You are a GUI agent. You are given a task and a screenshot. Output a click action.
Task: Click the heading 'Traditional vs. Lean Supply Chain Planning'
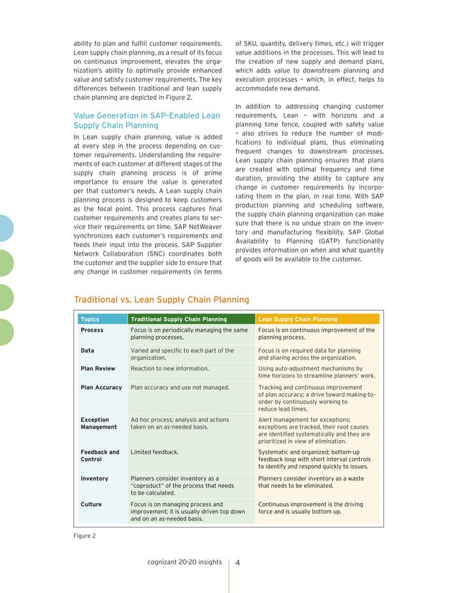point(162,299)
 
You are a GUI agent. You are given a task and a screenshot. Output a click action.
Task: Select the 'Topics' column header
point(90,319)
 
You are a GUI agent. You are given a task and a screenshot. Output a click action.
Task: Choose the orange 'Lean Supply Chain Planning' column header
point(297,319)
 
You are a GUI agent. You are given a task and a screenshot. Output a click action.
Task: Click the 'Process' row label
point(92,330)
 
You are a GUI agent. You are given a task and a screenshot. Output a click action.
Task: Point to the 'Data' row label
point(88,350)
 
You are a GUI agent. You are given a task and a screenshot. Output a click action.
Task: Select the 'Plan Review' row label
point(97,368)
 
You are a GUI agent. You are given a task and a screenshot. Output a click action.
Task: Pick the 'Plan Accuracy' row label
point(101,387)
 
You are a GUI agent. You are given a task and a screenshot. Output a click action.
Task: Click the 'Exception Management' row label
point(98,423)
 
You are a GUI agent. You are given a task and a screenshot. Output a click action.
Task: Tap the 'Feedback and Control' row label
point(100,456)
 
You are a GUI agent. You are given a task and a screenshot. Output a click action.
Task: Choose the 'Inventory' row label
point(94,478)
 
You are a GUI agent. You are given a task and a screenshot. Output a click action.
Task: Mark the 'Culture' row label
point(91,505)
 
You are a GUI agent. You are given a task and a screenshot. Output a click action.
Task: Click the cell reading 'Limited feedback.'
point(154,452)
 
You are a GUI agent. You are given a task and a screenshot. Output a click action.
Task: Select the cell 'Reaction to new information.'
point(169,368)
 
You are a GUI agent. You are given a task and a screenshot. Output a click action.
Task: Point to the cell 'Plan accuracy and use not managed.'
point(179,387)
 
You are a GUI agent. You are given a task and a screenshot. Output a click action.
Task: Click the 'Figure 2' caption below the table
point(85,536)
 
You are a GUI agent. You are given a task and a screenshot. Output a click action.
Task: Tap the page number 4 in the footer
point(238,562)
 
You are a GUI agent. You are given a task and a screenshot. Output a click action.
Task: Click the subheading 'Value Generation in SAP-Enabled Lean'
point(147,115)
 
